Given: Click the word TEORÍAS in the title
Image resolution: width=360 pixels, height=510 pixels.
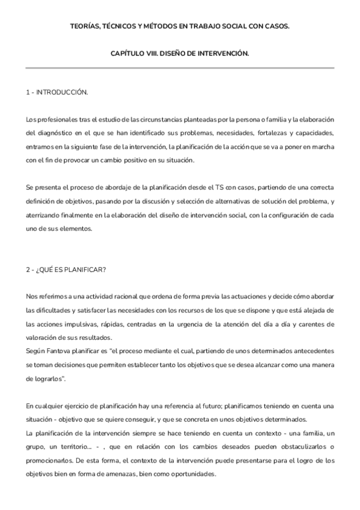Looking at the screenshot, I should pos(87,26).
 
